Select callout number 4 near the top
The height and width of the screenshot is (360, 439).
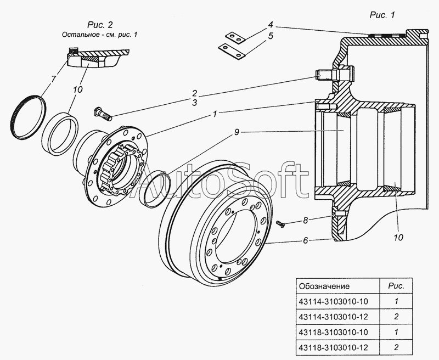pyautogui.click(x=271, y=25)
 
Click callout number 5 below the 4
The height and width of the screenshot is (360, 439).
pyautogui.click(x=271, y=36)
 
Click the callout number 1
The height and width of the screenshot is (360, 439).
pyautogui.click(x=216, y=114)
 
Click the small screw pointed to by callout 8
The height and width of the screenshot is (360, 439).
pyautogui.click(x=281, y=223)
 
